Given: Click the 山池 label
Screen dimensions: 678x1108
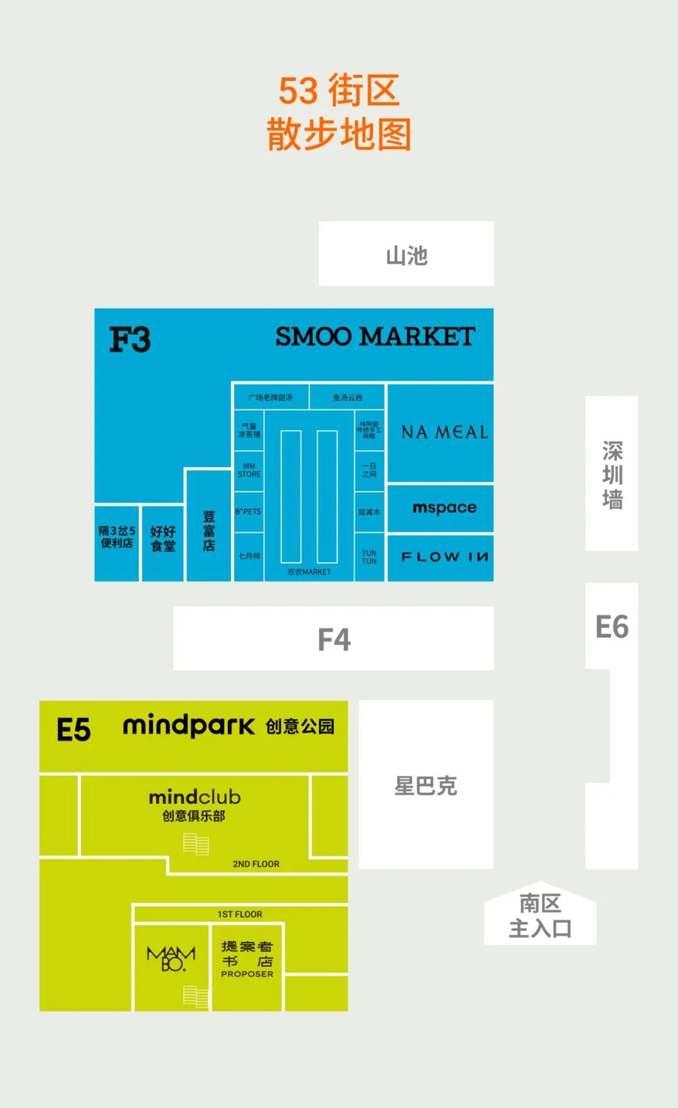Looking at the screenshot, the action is pos(406,255).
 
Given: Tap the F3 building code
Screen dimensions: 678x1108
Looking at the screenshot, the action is pos(130,340).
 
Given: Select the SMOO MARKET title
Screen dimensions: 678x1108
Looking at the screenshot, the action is pos(375,337).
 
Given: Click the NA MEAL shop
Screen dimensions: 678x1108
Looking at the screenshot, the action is pos(444,432).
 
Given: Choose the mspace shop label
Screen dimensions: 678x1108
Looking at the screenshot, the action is pos(444,507).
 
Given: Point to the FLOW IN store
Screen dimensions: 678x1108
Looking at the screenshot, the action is pos(444,557).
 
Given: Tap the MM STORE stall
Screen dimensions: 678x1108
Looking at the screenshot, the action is pos(249,470).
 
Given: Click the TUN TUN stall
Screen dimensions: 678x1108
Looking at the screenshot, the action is pos(369,557).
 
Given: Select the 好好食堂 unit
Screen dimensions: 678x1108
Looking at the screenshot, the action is pos(163,539).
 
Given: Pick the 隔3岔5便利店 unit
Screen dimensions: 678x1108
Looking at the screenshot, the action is pos(117,537).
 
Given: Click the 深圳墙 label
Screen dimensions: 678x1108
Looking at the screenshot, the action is pos(612,475).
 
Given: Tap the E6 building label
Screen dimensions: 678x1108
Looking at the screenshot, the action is pos(611,627).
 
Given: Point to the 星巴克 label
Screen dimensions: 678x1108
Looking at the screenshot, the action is pos(426,786).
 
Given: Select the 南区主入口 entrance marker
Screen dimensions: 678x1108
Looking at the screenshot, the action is pos(540,915).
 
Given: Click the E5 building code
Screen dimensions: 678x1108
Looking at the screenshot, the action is pos(73,730).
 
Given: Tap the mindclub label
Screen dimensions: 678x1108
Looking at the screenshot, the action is pos(195,798).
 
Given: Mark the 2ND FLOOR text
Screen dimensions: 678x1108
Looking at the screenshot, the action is pos(256,864).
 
